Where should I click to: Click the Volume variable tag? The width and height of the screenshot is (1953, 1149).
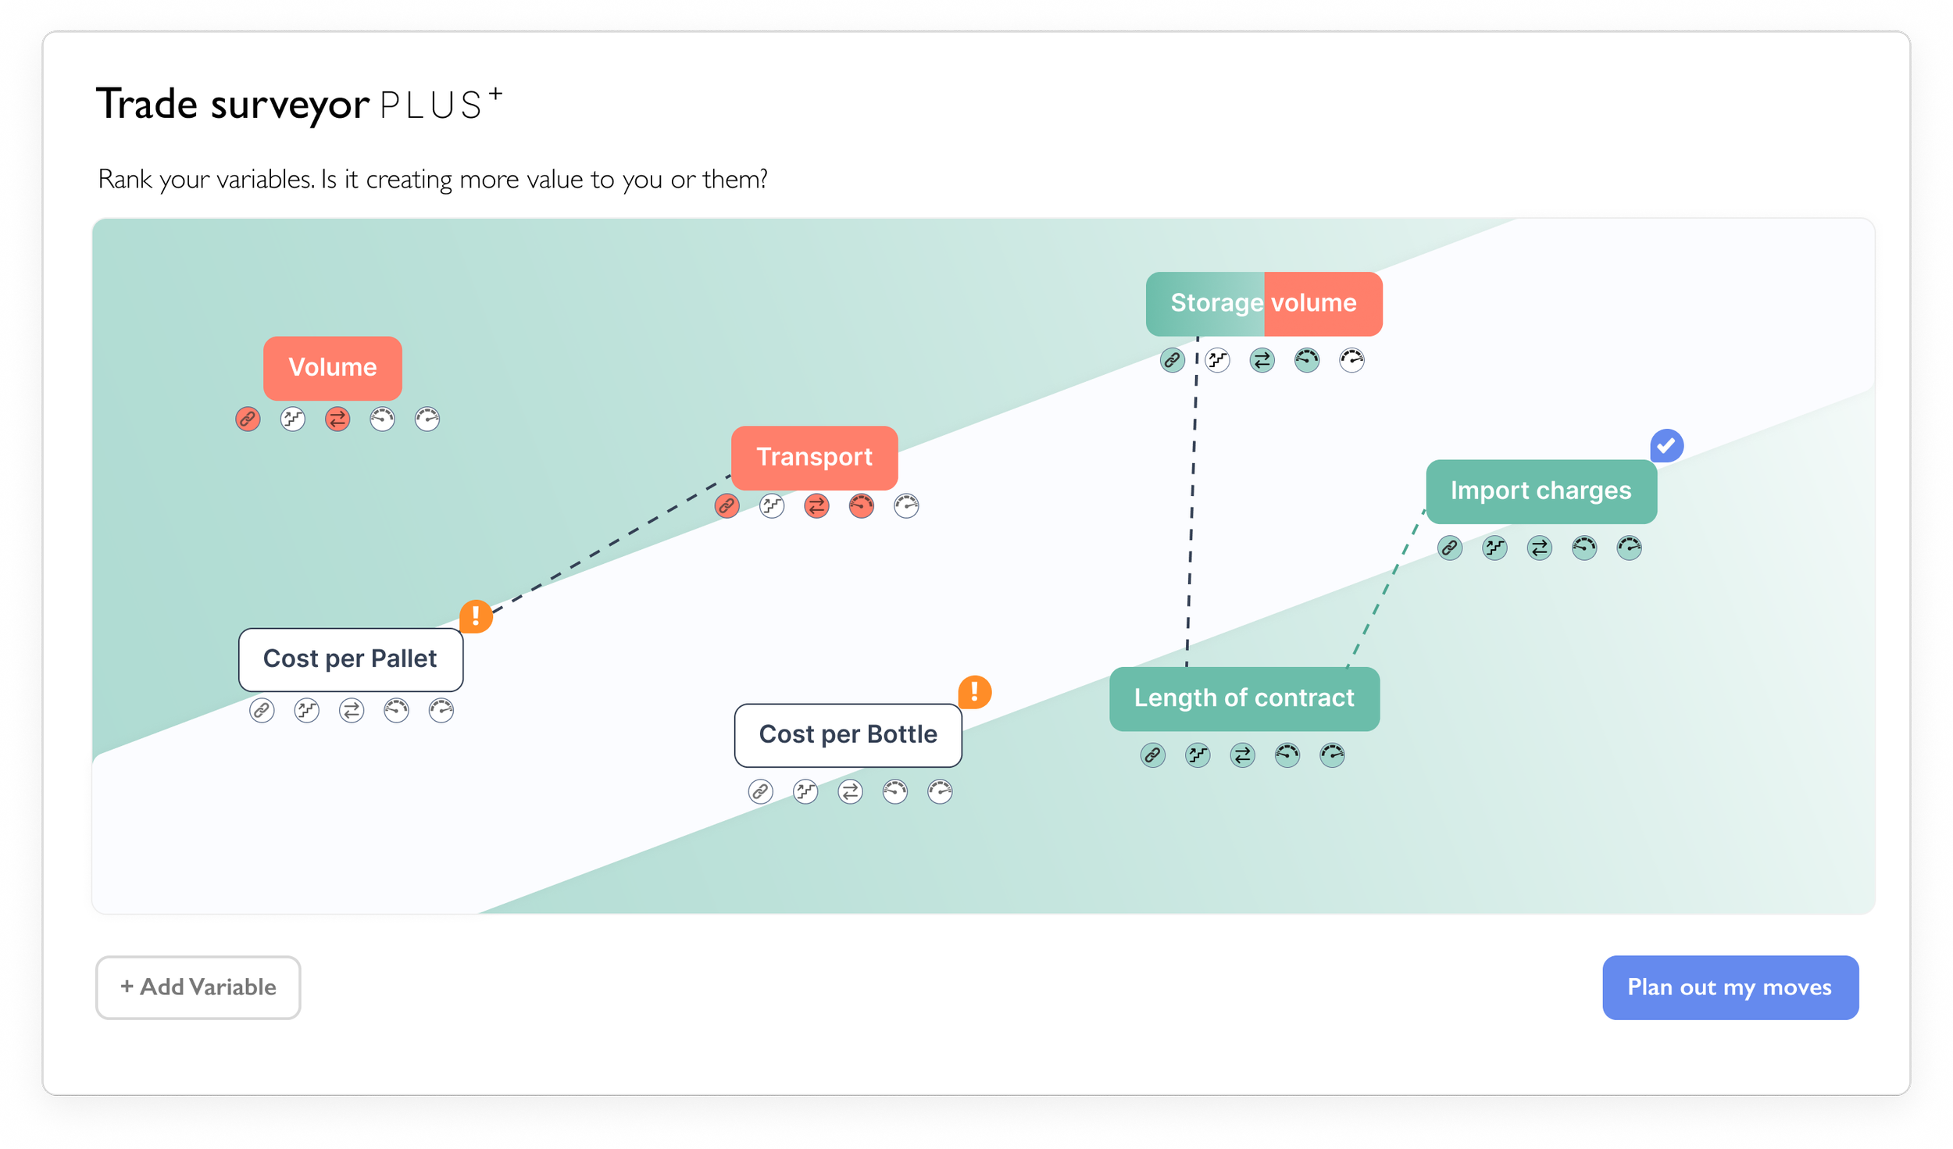pos(333,368)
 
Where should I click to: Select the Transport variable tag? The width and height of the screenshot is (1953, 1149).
pos(814,458)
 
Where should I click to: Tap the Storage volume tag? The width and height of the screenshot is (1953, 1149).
pos(1264,304)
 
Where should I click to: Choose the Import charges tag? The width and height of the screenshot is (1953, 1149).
pos(1541,491)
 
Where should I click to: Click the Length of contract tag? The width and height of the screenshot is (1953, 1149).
pos(1244,699)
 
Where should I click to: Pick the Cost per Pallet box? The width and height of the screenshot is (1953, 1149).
pos(351,660)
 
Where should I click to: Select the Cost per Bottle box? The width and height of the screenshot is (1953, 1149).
pos(848,736)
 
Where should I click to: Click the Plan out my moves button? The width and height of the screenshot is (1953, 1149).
pos(1730,987)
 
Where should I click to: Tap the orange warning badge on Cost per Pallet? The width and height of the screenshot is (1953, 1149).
pos(476,616)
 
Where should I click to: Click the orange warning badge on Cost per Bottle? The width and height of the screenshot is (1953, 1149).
pos(975,692)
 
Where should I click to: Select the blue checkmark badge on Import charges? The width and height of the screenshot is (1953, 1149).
pos(1667,445)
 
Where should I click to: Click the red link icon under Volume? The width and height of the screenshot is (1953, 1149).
pos(248,419)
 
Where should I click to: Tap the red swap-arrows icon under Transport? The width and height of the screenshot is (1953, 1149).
pos(816,506)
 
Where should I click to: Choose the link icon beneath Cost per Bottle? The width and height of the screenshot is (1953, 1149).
pos(760,792)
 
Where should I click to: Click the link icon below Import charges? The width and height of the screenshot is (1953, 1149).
pos(1450,548)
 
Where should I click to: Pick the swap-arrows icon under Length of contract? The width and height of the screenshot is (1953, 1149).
pos(1242,755)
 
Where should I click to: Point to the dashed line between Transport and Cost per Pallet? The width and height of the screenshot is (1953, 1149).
pos(611,544)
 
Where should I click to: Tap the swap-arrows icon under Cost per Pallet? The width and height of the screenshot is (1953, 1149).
pos(352,711)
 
